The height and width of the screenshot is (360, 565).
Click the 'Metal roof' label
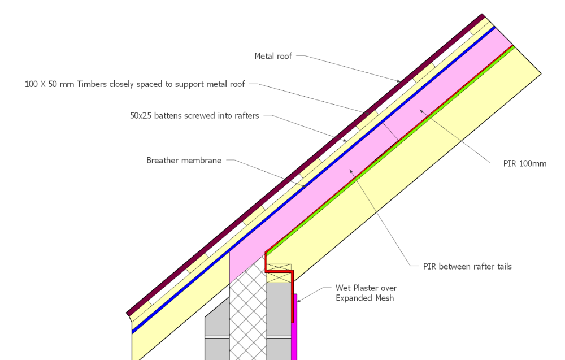pyautogui.click(x=273, y=56)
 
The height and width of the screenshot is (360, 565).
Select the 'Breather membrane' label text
pyautogui.click(x=184, y=161)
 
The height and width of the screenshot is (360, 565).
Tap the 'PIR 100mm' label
pyautogui.click(x=525, y=164)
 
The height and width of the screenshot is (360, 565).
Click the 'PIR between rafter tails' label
pyautogui.click(x=467, y=266)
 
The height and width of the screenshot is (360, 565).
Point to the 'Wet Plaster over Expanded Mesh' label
pyautogui.click(x=364, y=293)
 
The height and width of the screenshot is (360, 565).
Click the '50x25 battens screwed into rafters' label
pyautogui.click(x=194, y=116)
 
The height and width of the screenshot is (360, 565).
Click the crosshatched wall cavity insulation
pyautogui.click(x=247, y=316)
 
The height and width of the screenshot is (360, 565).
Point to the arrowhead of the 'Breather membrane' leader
pyautogui.click(x=306, y=186)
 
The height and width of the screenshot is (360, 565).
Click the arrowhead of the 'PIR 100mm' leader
pyautogui.click(x=419, y=111)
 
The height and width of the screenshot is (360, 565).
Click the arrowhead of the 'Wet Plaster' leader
pyautogui.click(x=297, y=301)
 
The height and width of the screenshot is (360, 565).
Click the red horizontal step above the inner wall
pyautogui.click(x=279, y=271)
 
